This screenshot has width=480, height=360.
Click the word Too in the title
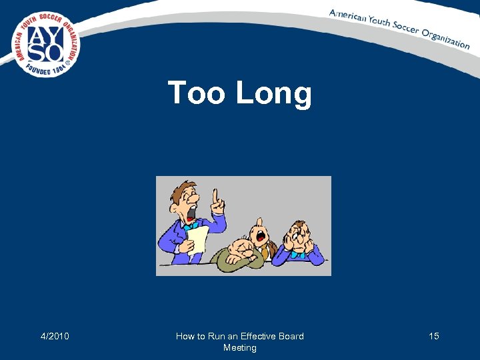pyautogui.click(x=197, y=93)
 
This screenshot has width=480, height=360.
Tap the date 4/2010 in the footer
pyautogui.click(x=55, y=336)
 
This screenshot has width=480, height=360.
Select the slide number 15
pyautogui.click(x=433, y=336)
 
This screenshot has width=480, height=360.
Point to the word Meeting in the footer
pyautogui.click(x=239, y=347)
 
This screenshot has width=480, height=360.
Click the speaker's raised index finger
pyautogui.click(x=215, y=195)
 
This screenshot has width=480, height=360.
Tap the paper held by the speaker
pyautogui.click(x=198, y=238)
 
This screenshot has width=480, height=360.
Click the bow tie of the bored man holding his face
pyautogui.click(x=298, y=253)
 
